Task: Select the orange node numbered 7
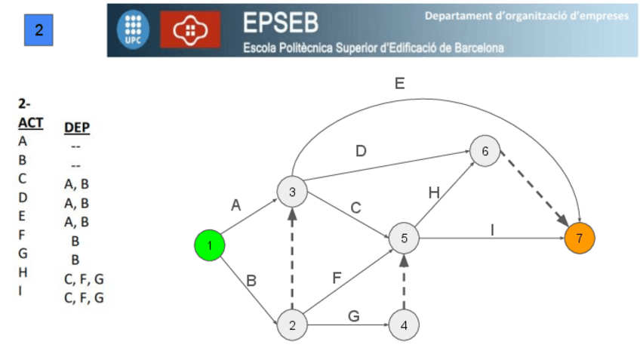point(579,238)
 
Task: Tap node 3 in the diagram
point(292,192)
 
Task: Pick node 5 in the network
point(404,238)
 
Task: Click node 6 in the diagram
point(485,151)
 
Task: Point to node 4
point(404,325)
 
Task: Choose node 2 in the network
point(292,325)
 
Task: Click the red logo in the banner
point(191,30)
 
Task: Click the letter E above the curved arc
point(399,85)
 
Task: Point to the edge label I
point(492,229)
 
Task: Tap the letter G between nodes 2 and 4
point(352,316)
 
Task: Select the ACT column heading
point(31,122)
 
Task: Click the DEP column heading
point(78,128)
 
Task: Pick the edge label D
point(362,152)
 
